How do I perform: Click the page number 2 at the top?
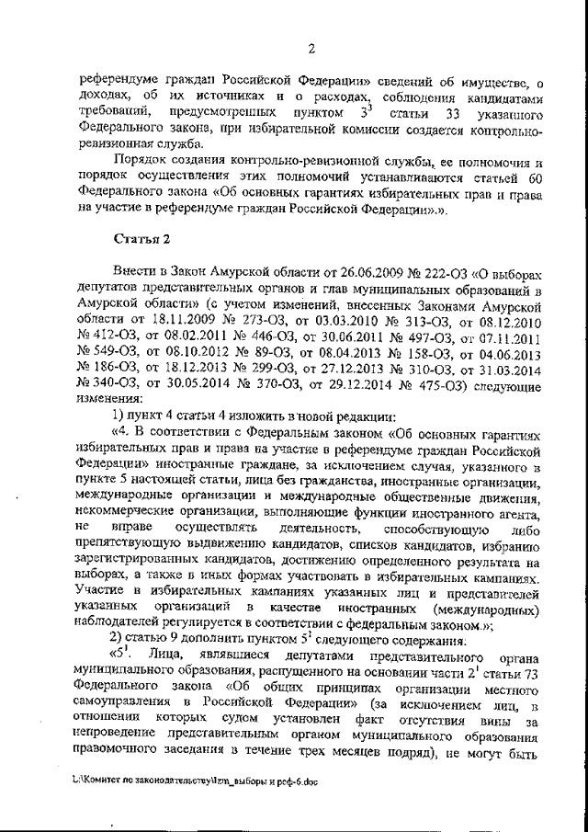tap(311, 49)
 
